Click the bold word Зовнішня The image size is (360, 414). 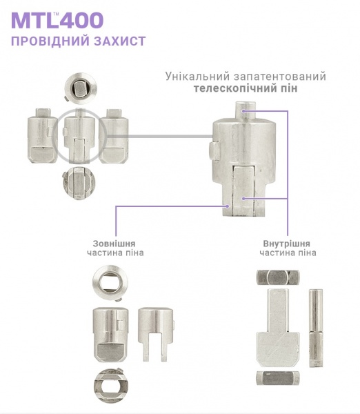click(x=114, y=244)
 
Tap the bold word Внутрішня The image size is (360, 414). click(x=286, y=244)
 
